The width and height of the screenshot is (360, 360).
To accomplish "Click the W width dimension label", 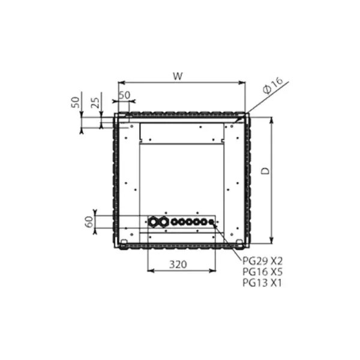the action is [x=178, y=76].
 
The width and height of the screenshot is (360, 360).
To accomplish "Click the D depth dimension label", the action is [x=265, y=171].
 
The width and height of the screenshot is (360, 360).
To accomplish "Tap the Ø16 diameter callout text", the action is [x=273, y=85].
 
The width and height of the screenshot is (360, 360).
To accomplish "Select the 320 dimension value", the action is [x=178, y=265].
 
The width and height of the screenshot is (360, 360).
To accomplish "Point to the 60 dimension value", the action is [x=89, y=221].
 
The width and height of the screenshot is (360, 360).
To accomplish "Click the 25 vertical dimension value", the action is [x=95, y=103].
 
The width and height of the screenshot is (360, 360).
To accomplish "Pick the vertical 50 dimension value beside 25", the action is [x=76, y=103].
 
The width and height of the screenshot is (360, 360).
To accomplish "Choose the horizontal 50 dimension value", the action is [x=125, y=95].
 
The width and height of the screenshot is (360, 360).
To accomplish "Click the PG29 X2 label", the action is [x=262, y=261].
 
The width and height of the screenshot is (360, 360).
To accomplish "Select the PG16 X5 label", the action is [x=262, y=272].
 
